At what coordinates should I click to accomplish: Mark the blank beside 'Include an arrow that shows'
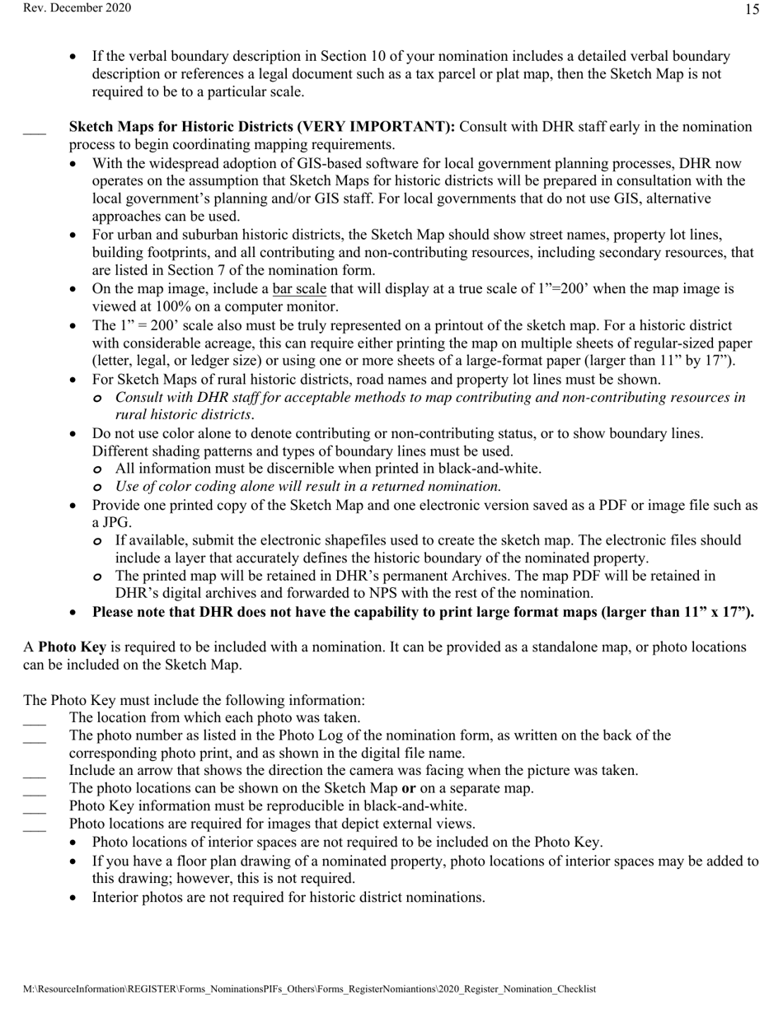[x=35, y=774]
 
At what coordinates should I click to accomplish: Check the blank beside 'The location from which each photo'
[x=35, y=721]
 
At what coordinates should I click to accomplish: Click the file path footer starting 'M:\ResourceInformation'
[x=309, y=989]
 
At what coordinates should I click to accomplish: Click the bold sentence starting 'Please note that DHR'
[x=422, y=612]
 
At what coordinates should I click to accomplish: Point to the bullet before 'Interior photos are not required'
[x=75, y=898]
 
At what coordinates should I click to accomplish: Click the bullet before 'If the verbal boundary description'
[x=75, y=57]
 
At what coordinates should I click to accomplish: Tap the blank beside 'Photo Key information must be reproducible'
[x=35, y=810]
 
